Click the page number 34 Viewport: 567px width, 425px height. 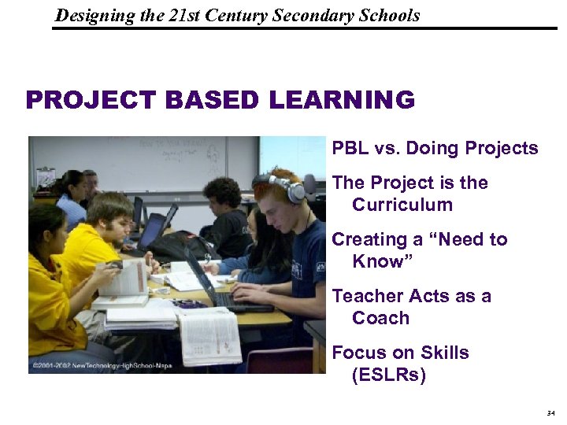[549, 413]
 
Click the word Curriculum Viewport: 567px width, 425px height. [402, 205]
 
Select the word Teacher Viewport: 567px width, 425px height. [369, 296]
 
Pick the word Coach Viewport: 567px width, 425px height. [381, 318]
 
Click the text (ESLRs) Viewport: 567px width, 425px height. [389, 375]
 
